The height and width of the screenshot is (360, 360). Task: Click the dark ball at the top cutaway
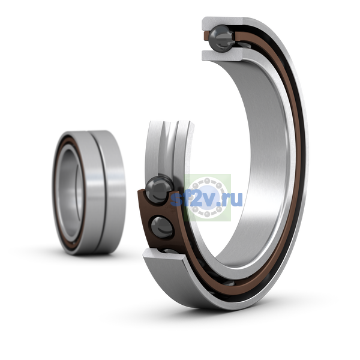pyautogui.click(x=221, y=38)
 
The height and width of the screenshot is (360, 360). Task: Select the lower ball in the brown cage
pyautogui.click(x=162, y=228)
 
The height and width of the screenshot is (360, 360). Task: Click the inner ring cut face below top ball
pyautogui.click(x=222, y=55)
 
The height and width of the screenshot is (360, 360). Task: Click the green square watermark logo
pyautogui.click(x=207, y=197)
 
